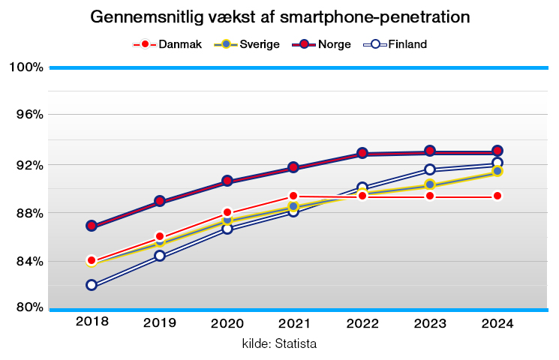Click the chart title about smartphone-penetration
pos(279,16)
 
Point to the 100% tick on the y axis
pos(26,67)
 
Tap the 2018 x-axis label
pos(92,322)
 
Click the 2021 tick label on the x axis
pos(294,322)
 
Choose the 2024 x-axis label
pos(497,322)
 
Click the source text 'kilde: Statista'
pos(279,344)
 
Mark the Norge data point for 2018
pos(92,226)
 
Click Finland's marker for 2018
pos(92,285)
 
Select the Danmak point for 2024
pos(497,196)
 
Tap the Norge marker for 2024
pos(497,151)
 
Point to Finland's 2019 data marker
pos(159,256)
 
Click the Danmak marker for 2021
pos(294,196)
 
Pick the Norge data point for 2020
pos(227,181)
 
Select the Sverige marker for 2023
pos(429,184)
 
